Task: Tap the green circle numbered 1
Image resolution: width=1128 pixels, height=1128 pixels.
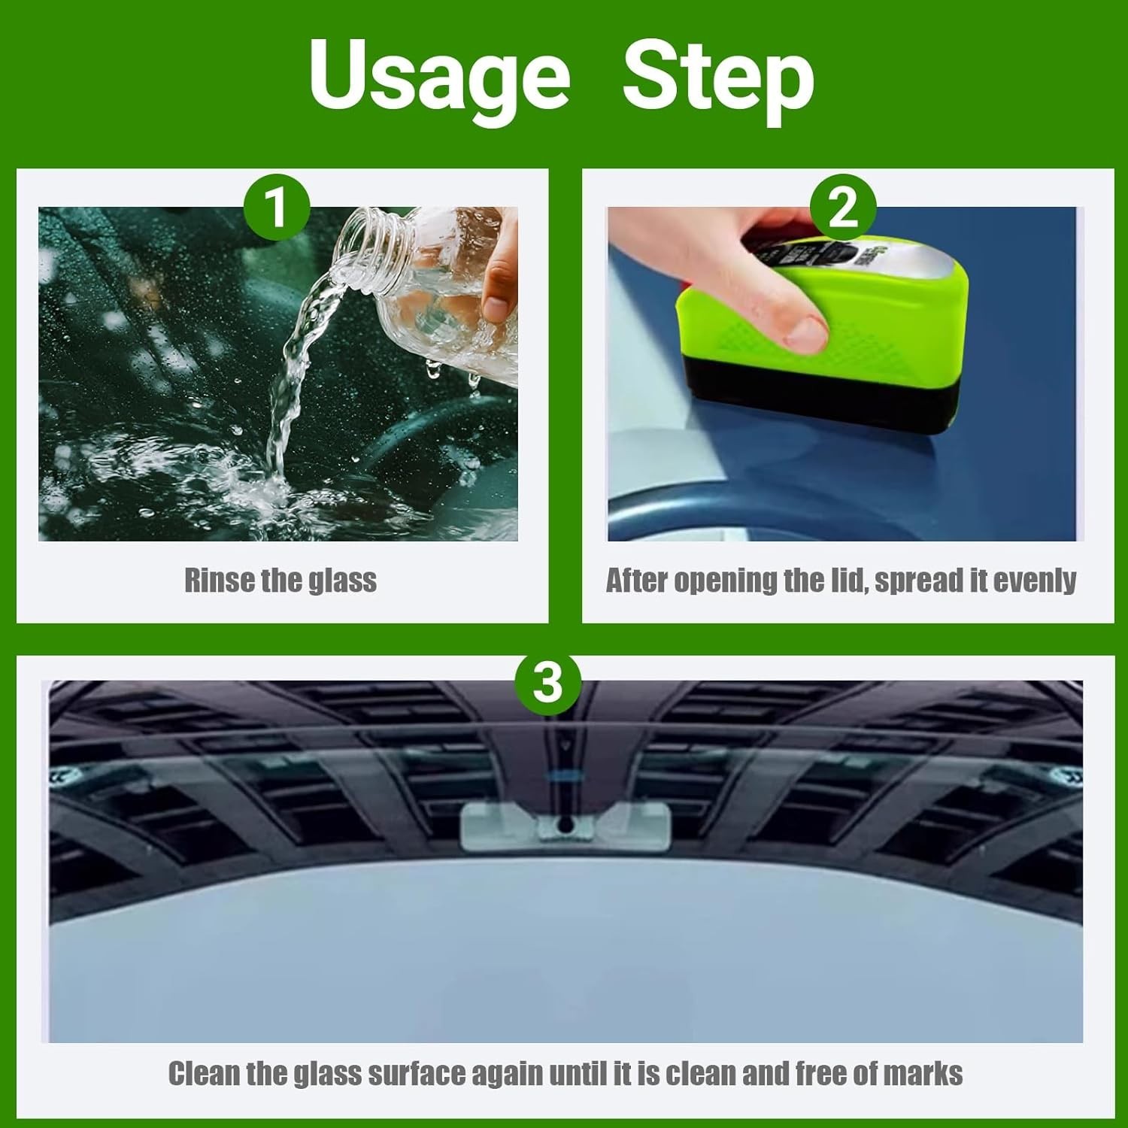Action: pyautogui.click(x=277, y=207)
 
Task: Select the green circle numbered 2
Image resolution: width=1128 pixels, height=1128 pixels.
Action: pyautogui.click(x=843, y=207)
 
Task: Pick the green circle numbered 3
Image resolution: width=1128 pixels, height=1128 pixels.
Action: pyautogui.click(x=548, y=683)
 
